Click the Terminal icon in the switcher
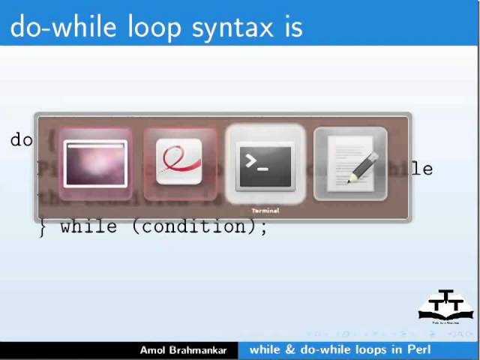[x=265, y=166]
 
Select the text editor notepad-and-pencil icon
[x=351, y=166]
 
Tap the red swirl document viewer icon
[x=179, y=163]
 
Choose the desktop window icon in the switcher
[x=95, y=164]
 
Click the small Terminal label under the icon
[x=265, y=211]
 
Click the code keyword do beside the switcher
[x=21, y=140]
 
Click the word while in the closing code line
[x=88, y=226]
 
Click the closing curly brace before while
[x=43, y=226]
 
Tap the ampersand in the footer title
[x=290, y=349]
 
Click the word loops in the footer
[x=374, y=349]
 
